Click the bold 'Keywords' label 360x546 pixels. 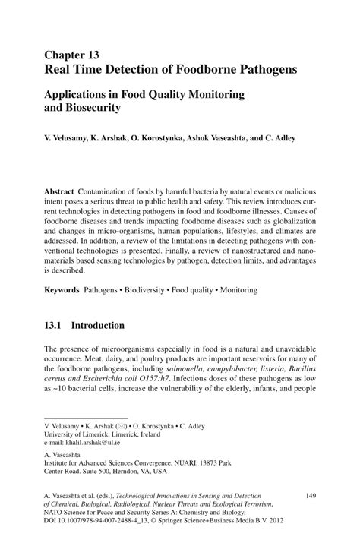[x=62, y=290]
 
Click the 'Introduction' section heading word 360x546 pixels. [x=97, y=325]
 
